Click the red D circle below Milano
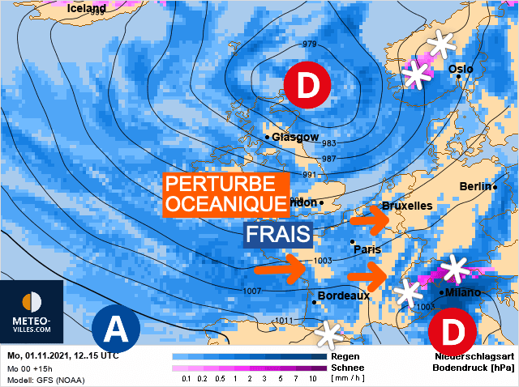(x=447, y=330)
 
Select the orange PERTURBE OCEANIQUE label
(x=225, y=195)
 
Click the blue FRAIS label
(x=279, y=236)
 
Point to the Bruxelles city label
(x=407, y=206)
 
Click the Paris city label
(x=367, y=249)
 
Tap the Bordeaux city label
(x=343, y=296)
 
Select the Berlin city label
(x=475, y=186)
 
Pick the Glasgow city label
(x=295, y=138)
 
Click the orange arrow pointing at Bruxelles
(x=370, y=216)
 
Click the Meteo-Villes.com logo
(x=32, y=313)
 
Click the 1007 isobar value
(x=252, y=291)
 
